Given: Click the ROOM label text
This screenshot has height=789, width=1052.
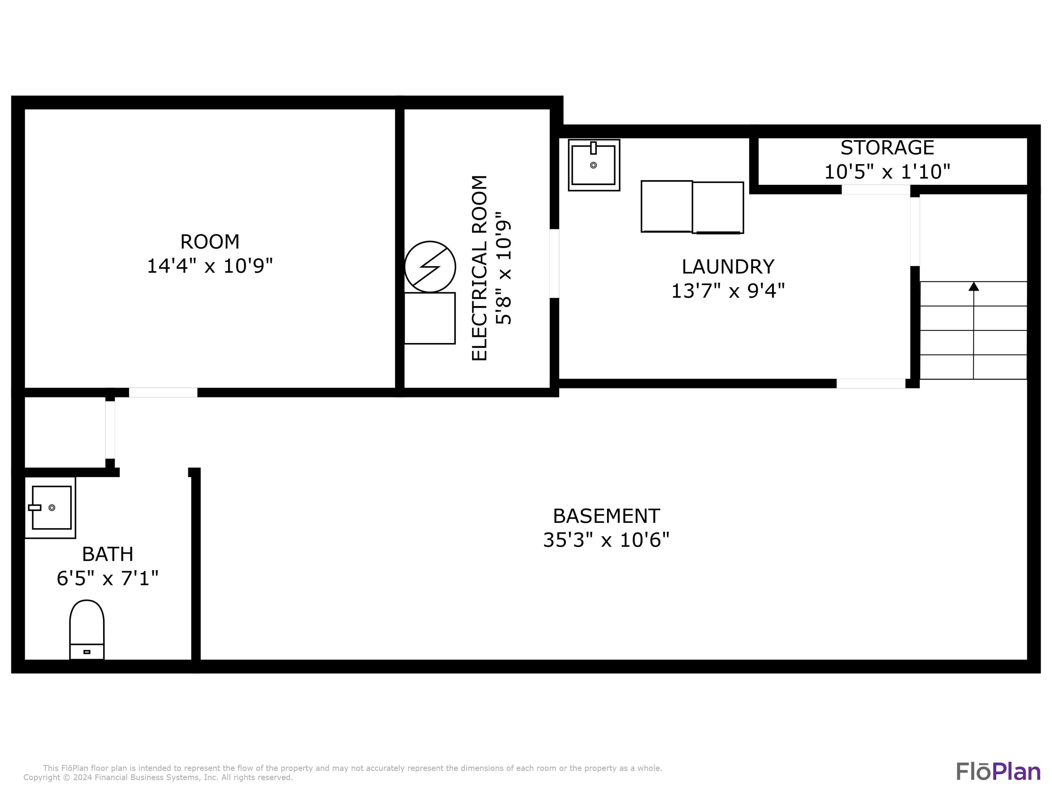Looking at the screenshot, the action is [x=210, y=242].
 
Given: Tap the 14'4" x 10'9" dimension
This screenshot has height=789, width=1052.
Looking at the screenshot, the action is [x=210, y=266].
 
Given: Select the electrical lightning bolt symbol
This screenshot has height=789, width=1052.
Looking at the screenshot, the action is [x=430, y=267].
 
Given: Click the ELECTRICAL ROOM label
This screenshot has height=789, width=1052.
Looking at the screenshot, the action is [x=479, y=268].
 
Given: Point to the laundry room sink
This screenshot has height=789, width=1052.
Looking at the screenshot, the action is [x=594, y=165].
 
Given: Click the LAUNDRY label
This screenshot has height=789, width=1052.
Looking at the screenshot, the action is [x=728, y=267].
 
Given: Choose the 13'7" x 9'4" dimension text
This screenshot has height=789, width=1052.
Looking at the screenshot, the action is [x=728, y=291].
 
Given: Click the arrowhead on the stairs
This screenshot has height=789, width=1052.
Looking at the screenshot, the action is [x=973, y=286].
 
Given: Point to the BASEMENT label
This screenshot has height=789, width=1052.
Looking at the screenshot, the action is [x=606, y=516].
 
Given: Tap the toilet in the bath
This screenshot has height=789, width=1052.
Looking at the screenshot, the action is [x=87, y=630].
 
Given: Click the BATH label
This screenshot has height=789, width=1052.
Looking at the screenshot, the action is [x=108, y=554].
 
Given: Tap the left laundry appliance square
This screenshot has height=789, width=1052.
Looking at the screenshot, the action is [x=667, y=207].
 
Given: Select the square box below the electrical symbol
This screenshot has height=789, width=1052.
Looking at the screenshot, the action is [x=430, y=318].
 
